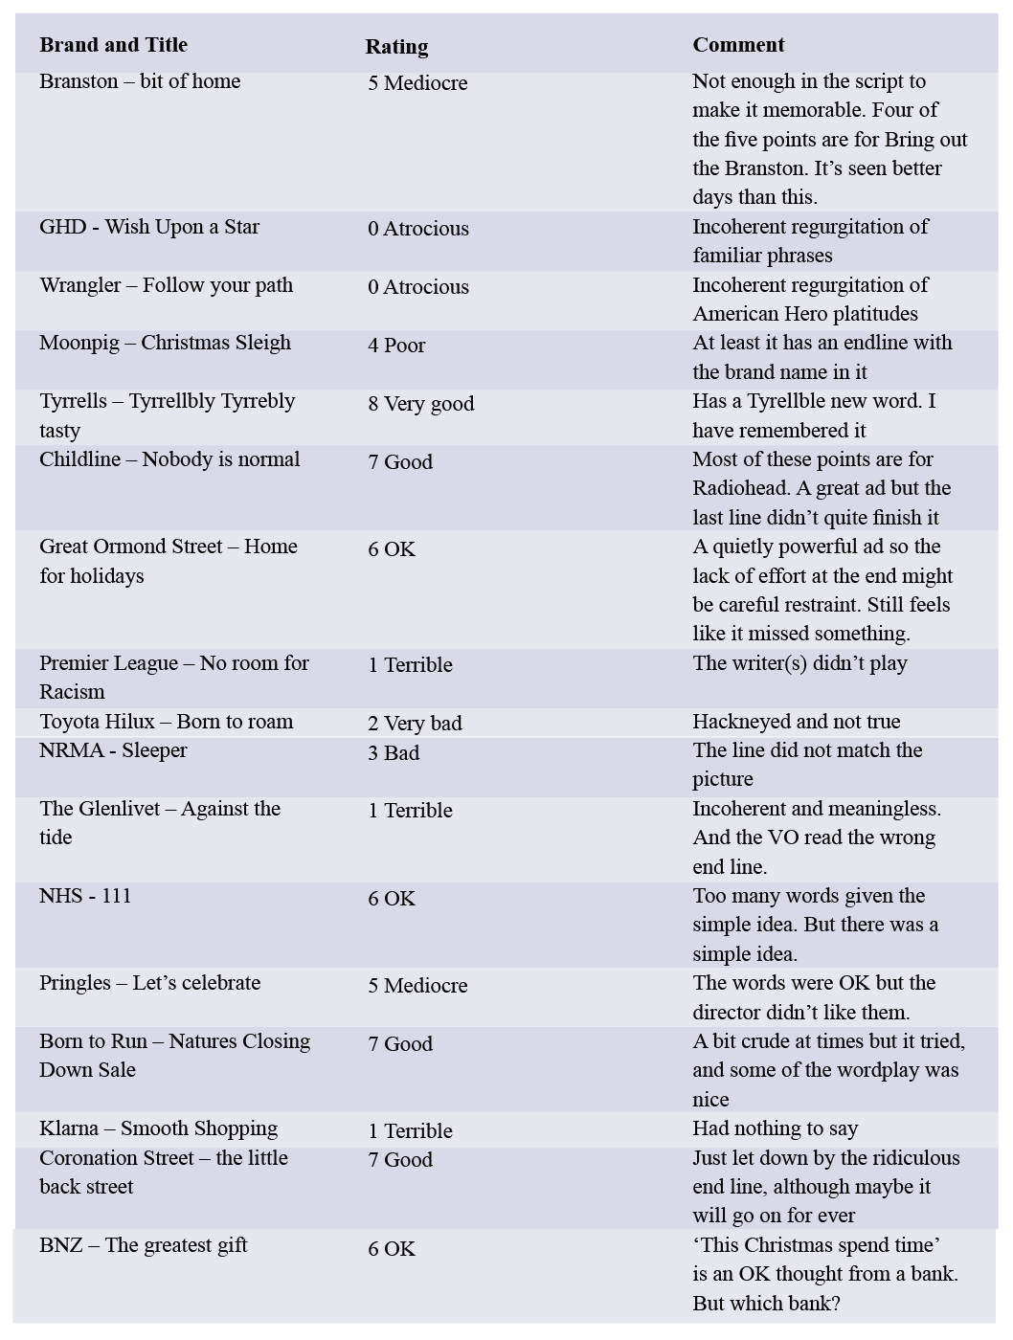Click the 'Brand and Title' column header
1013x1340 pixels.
[x=113, y=45]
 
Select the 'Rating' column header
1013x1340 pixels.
[x=396, y=46]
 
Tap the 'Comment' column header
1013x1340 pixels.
[x=738, y=45]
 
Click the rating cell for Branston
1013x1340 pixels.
[x=417, y=83]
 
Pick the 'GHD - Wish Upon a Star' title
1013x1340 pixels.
[x=149, y=227]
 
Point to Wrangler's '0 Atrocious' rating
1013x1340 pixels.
[x=418, y=287]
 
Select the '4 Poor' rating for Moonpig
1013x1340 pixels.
[x=396, y=346]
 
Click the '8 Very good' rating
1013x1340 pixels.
[x=420, y=404]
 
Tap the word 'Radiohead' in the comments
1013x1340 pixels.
[x=738, y=488]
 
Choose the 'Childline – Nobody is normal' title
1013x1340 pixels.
[x=169, y=459]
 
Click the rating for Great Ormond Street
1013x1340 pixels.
[x=392, y=549]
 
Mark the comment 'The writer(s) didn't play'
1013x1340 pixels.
[x=799, y=663]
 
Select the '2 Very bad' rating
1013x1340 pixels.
[x=415, y=724]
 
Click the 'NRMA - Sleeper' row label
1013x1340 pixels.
[x=113, y=750]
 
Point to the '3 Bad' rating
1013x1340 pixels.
[x=394, y=753]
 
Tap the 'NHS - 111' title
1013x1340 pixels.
[x=85, y=896]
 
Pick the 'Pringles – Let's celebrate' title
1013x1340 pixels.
[x=149, y=983]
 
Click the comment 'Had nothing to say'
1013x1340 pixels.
[x=775, y=1128]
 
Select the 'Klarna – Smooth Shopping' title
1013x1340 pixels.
[x=158, y=1128]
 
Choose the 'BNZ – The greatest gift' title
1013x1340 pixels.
[x=143, y=1245]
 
